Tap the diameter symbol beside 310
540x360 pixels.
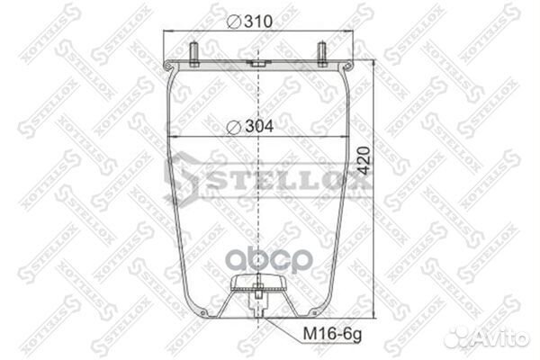[231, 20]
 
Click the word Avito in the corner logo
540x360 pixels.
[503, 337]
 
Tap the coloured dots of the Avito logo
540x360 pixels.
[462, 336]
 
